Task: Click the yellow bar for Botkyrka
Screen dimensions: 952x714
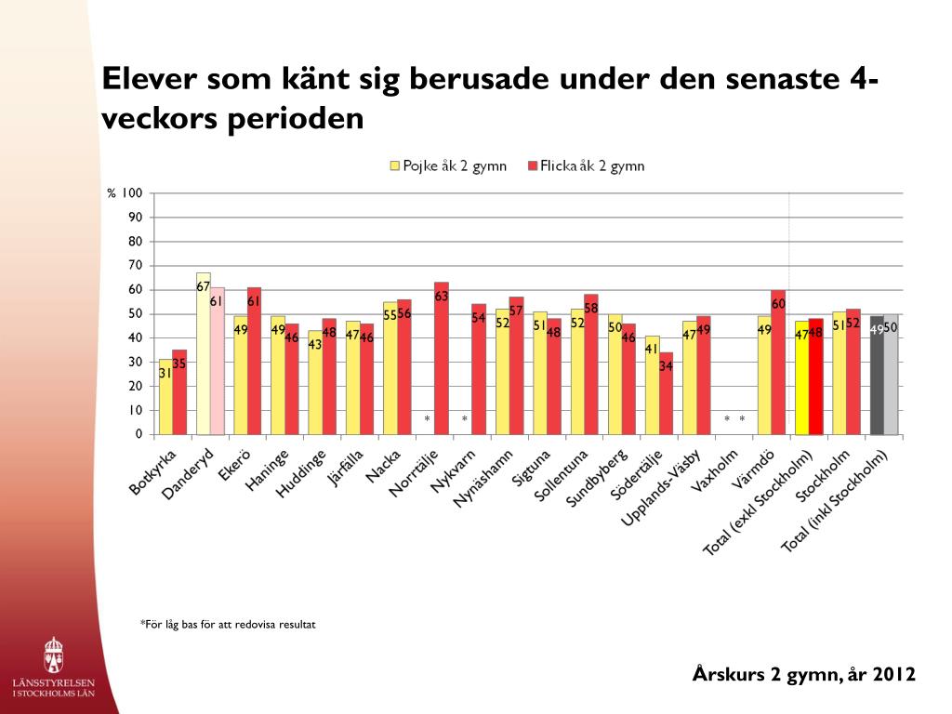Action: pos(165,397)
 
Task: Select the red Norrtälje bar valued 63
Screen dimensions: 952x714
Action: pos(442,358)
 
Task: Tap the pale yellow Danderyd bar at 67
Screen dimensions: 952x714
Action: pos(204,354)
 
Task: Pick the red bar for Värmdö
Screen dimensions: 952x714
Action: pos(778,363)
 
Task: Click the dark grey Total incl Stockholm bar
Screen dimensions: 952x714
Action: pos(877,376)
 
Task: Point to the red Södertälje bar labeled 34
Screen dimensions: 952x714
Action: pos(666,393)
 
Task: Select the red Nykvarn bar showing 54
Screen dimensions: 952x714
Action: pos(479,369)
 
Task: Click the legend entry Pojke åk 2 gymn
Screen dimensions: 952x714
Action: pos(448,165)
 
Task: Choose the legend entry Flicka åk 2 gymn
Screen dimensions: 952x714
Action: pos(586,165)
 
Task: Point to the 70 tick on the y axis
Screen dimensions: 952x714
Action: pos(135,265)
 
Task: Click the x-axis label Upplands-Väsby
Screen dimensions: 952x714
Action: pos(662,487)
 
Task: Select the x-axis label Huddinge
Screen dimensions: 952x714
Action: pos(302,473)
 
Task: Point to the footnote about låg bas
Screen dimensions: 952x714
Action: pos(228,624)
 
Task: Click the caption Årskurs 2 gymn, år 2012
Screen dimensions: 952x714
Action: pos(804,675)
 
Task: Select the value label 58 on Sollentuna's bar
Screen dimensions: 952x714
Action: pos(591,308)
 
